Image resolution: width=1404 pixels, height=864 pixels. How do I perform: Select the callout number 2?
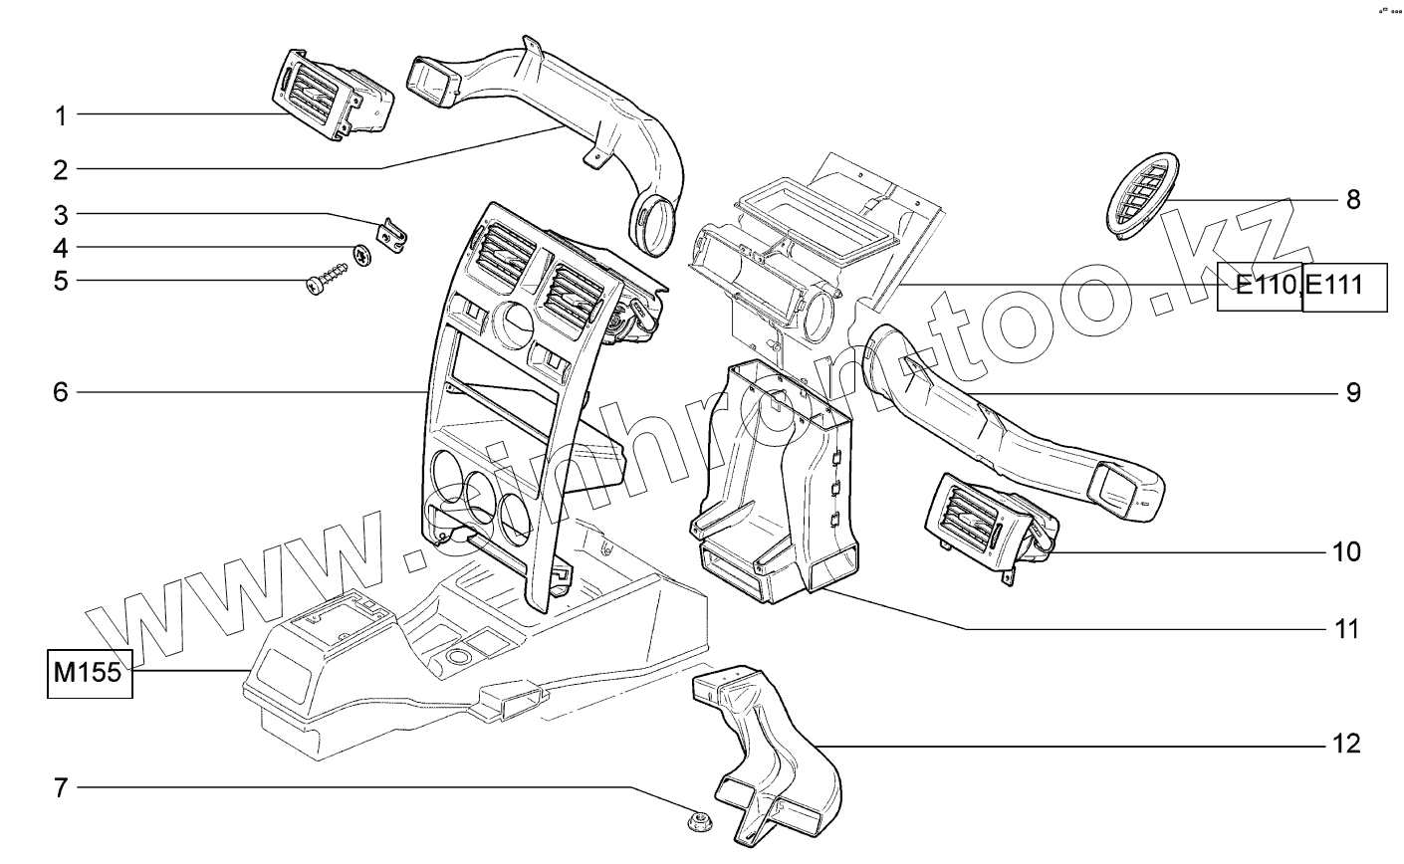tap(61, 169)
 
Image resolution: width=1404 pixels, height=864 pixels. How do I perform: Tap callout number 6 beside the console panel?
tap(61, 392)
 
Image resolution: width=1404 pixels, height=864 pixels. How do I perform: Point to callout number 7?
tap(61, 788)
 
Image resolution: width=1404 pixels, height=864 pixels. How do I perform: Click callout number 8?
tap(1353, 200)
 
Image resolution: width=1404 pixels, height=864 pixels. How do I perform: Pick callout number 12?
tap(1346, 745)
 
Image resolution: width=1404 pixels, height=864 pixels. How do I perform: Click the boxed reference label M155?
tap(88, 673)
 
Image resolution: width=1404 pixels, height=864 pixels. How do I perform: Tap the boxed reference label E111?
tap(1343, 287)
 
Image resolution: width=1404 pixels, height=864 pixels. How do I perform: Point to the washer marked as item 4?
tap(364, 254)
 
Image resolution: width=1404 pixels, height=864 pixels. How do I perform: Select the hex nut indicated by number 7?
tap(697, 821)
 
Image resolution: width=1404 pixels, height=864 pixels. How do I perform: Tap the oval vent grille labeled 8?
tap(1140, 195)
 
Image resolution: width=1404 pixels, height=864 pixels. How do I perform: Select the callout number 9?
tap(1353, 392)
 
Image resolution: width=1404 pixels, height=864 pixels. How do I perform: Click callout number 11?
tap(1346, 629)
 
